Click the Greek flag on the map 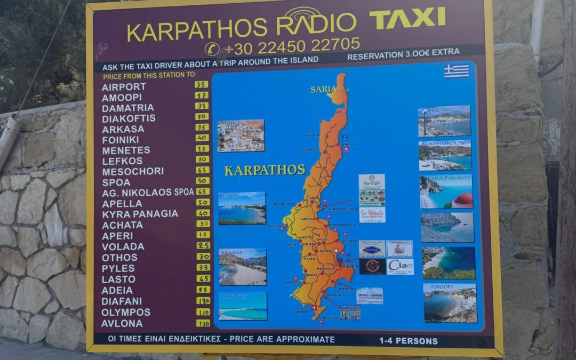[x=457, y=71]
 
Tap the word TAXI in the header [x=407, y=19]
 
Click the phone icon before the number [x=212, y=49]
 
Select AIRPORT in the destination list [x=124, y=86]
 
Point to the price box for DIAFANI [x=202, y=301]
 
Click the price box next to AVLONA [x=202, y=323]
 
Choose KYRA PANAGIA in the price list [x=140, y=214]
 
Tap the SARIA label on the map [x=323, y=89]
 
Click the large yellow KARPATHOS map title [x=265, y=170]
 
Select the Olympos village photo [x=241, y=135]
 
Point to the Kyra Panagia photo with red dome [x=446, y=191]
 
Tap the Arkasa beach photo [x=242, y=267]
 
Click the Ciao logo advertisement [x=400, y=266]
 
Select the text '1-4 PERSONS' [x=409, y=341]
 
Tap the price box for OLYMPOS [x=202, y=312]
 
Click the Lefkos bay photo [x=242, y=208]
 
